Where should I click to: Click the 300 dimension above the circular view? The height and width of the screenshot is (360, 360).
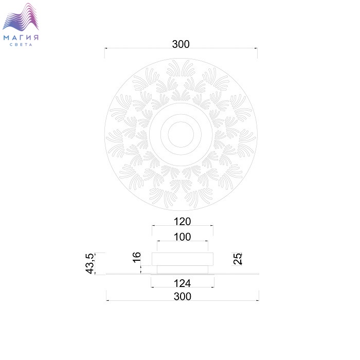pos(181,44)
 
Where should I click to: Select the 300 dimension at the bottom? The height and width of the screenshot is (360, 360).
pos(182,296)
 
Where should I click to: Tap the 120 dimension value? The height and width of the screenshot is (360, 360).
pos(182,222)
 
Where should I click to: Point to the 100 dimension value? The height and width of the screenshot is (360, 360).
pos(182,237)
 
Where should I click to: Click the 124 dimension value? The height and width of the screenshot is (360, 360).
pos(182,283)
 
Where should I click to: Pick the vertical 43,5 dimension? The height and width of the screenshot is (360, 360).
pos(90,263)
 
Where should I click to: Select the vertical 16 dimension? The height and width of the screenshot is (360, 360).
pos(137,257)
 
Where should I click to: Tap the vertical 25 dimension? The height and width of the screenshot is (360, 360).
pos(238,259)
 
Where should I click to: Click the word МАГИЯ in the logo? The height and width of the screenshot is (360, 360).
pos(21,38)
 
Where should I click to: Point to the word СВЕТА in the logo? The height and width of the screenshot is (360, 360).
pos(21,45)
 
